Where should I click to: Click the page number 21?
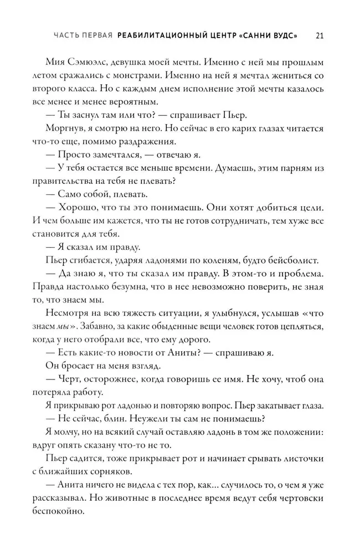(320, 35)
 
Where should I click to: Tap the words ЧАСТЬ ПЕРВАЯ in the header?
(83, 36)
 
